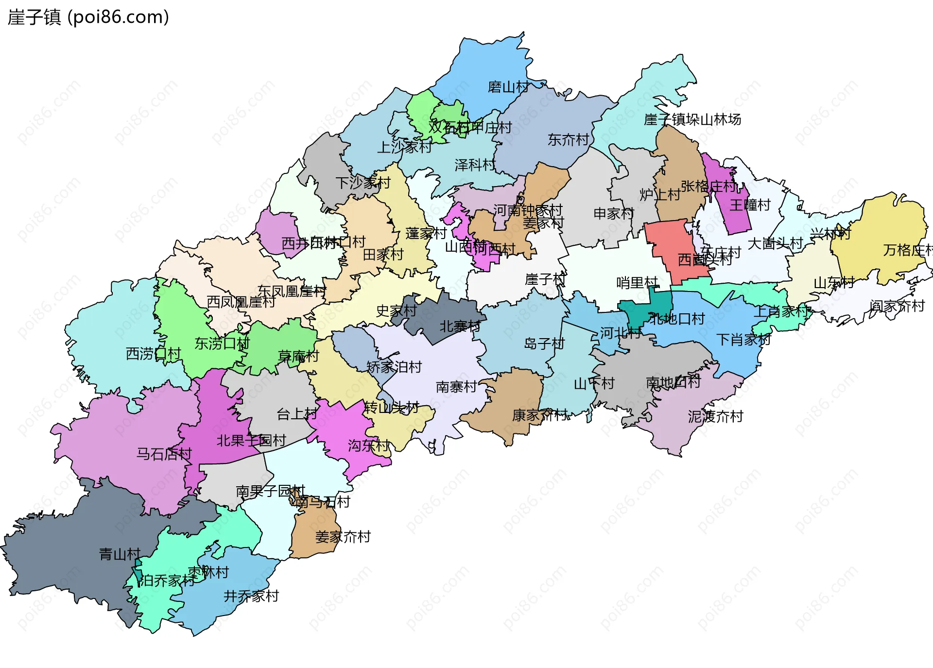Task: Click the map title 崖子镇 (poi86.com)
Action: pyautogui.click(x=88, y=17)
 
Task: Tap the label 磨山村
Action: pyautogui.click(x=508, y=87)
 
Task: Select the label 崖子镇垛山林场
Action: pyautogui.click(x=692, y=120)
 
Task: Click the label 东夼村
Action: pyautogui.click(x=568, y=140)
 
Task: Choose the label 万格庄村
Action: pyautogui.click(x=907, y=250)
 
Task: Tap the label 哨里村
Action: pyautogui.click(x=637, y=283)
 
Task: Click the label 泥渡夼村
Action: pyautogui.click(x=715, y=417)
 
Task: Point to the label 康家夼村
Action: pyautogui.click(x=539, y=415)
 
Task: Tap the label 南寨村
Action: pyautogui.click(x=456, y=387)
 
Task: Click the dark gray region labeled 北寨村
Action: pyautogui.click(x=449, y=321)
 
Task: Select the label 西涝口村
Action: pyautogui.click(x=154, y=354)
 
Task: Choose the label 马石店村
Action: pyautogui.click(x=164, y=454)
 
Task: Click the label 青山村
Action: pyautogui.click(x=120, y=554)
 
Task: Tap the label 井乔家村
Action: pyautogui.click(x=251, y=596)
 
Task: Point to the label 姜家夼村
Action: pyautogui.click(x=343, y=537)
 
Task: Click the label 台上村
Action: pyautogui.click(x=296, y=414)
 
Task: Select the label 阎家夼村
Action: pyautogui.click(x=897, y=307)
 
